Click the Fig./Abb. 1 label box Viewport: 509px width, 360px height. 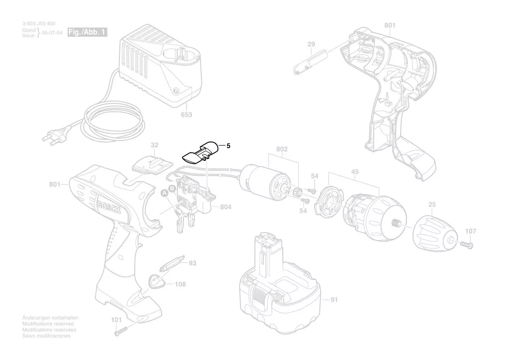[87, 32]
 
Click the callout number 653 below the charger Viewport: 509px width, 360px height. [187, 115]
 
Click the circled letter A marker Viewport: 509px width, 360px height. [165, 192]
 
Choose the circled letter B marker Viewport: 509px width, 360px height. [172, 188]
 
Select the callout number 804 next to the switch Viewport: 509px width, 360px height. [225, 207]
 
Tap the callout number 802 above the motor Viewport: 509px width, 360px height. [282, 149]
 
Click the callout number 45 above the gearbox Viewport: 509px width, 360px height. [355, 172]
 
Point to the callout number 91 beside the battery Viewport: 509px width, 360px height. [334, 300]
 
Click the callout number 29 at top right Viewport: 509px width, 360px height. [311, 44]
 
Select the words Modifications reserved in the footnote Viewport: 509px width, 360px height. [48, 324]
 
